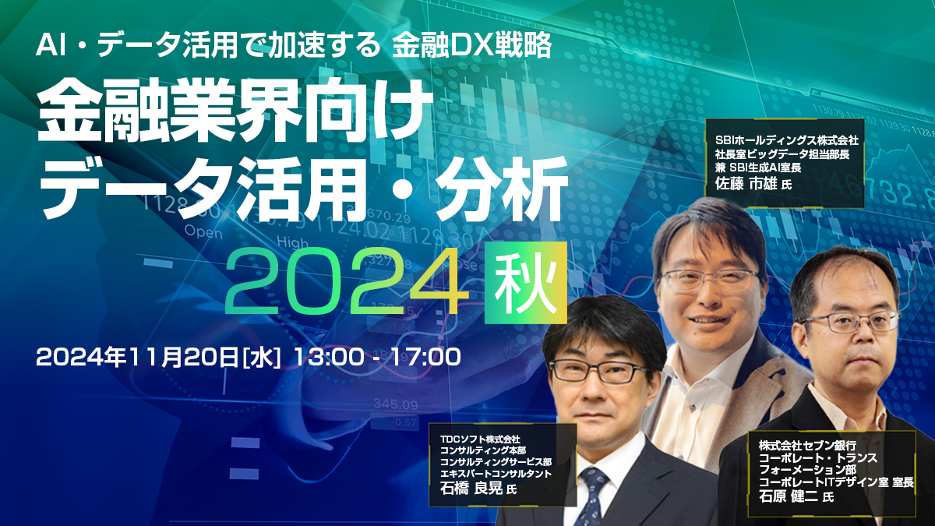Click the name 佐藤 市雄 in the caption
751,184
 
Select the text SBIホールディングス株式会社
786,140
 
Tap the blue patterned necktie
594,495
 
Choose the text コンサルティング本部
483,450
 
